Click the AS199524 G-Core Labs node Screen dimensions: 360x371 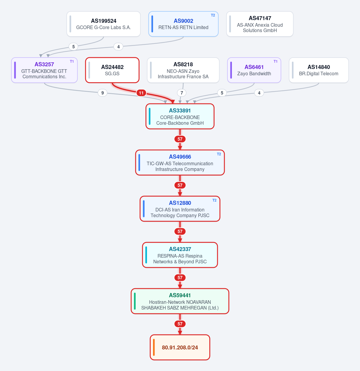click(103, 24)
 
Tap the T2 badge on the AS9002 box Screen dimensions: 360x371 click(213, 15)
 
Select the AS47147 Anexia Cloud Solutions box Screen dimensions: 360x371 click(260, 24)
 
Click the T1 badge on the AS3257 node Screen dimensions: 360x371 click(72, 61)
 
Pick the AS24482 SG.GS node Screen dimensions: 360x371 click(112, 70)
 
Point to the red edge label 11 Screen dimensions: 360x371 click(141, 93)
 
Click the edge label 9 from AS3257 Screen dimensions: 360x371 click(102, 93)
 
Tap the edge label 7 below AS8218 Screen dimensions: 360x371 click(182, 93)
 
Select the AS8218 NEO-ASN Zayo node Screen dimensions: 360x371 click(183, 70)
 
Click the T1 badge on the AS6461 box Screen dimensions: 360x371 click(275, 61)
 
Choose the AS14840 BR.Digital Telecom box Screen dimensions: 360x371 click(319, 70)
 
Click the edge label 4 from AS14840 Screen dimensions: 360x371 click(259, 93)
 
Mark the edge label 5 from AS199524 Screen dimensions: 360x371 click(73, 46)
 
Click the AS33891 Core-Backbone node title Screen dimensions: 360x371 click(180, 111)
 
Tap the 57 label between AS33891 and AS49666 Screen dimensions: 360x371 click(180, 139)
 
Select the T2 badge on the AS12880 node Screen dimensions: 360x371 click(214, 200)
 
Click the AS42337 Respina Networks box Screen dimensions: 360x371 click(180, 255)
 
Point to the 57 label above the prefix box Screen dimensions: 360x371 click(180, 324)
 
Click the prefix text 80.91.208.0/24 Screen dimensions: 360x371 click(180, 347)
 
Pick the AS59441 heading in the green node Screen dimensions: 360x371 click(180, 295)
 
